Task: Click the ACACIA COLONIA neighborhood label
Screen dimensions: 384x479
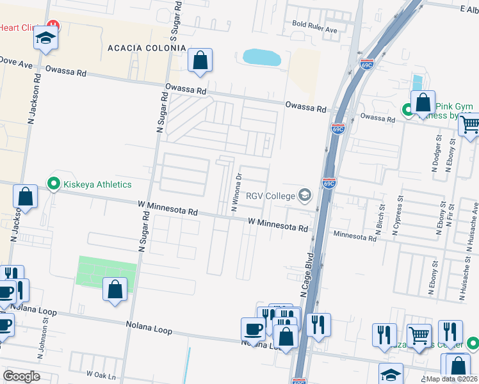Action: pyautogui.click(x=147, y=48)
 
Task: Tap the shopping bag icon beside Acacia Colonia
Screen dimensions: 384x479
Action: pyautogui.click(x=200, y=61)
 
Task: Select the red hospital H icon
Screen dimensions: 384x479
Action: pyautogui.click(x=54, y=26)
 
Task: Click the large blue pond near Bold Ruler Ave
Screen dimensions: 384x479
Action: pyautogui.click(x=262, y=58)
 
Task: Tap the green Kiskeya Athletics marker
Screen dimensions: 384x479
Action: pyautogui.click(x=54, y=184)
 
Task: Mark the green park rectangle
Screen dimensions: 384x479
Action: pyautogui.click(x=106, y=273)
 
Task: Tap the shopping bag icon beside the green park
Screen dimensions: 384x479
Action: pyautogui.click(x=115, y=290)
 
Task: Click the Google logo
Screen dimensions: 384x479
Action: pyautogui.click(x=22, y=376)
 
